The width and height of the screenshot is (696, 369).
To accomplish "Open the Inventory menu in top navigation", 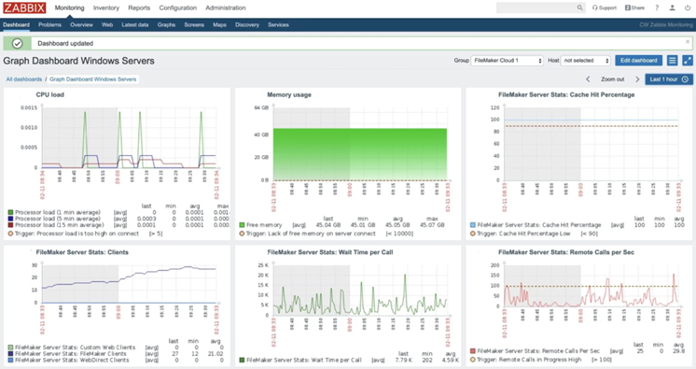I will pos(105,7).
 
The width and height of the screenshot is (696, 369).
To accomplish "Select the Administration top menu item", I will pos(226,7).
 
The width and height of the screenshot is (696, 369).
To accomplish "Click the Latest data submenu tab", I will pos(135,25).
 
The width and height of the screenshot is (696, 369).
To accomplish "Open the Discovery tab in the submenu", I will pos(247,25).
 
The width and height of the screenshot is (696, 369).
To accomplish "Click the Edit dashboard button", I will pos(638,61).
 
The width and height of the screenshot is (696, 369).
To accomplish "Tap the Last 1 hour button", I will pos(669,79).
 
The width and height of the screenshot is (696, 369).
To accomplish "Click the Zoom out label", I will pos(612,79).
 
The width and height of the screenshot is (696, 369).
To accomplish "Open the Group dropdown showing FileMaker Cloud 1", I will pos(508,61).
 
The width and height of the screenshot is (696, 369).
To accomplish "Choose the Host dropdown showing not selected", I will pos(585,61).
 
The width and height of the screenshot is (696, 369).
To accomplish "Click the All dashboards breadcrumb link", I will pos(23,79).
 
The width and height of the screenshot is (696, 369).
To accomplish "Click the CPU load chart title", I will pos(50,94).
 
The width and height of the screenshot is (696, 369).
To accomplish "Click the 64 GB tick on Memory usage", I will pos(262,108).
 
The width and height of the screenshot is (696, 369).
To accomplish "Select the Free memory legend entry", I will pos(263,225).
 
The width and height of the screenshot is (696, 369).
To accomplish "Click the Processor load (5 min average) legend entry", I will pos(58,219).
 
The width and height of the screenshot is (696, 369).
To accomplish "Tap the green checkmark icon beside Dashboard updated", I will pos(17,43).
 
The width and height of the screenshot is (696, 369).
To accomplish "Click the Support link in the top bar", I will pos(605,7).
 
